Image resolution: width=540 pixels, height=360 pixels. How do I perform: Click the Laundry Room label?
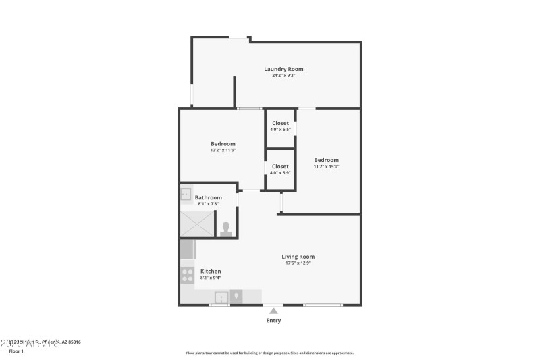click(x=283, y=69)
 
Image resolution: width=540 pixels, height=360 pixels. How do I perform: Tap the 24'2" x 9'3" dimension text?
click(x=283, y=76)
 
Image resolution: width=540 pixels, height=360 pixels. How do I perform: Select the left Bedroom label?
click(x=223, y=143)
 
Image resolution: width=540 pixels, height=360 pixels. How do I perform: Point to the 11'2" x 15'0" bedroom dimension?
click(x=326, y=166)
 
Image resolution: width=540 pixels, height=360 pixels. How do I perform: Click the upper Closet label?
click(x=280, y=123)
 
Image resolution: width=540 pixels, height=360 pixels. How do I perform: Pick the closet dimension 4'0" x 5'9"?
click(x=280, y=173)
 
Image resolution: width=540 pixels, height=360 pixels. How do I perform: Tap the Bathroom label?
click(x=209, y=197)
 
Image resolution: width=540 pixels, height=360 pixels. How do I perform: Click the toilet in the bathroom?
click(x=226, y=228)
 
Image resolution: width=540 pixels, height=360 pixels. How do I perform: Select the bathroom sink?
click(x=186, y=194)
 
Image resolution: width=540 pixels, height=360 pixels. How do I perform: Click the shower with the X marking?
click(x=195, y=224)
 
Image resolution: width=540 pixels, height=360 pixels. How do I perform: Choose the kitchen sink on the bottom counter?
click(x=221, y=297)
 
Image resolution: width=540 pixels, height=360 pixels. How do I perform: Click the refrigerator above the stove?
click(x=187, y=251)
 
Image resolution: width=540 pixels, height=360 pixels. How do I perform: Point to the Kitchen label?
click(x=211, y=271)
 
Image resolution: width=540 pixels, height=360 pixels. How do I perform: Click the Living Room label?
click(x=298, y=257)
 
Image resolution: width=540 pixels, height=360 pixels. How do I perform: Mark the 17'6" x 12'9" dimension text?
click(x=298, y=263)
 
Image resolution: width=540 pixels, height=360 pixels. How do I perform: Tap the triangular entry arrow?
click(x=273, y=311)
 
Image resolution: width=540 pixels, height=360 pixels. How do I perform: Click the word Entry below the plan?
click(x=273, y=321)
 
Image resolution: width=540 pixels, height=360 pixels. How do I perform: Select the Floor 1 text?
click(x=16, y=351)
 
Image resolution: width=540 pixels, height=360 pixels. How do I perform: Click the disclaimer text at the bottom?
click(x=269, y=353)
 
